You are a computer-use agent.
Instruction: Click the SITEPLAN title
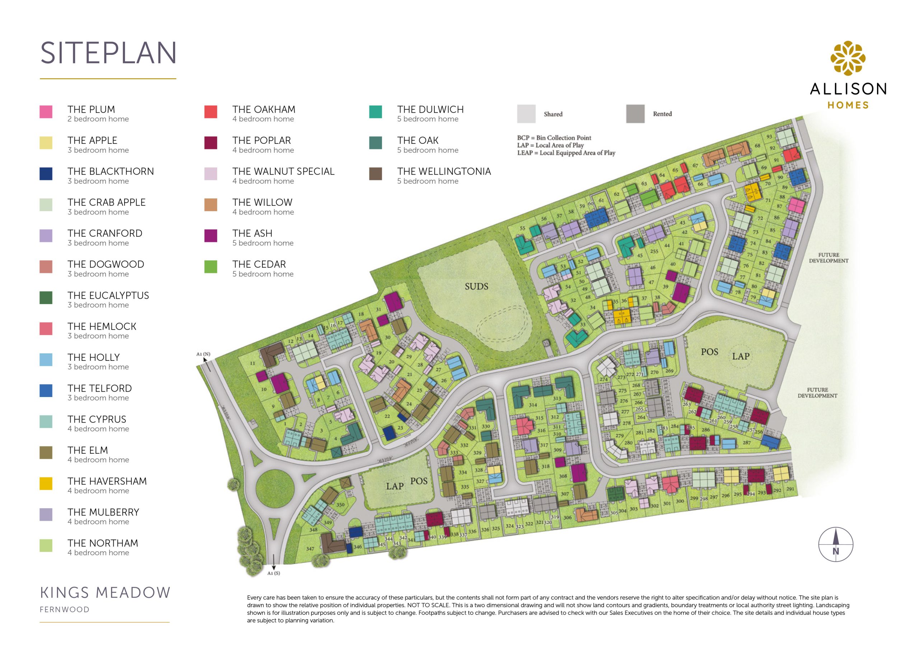click(x=108, y=53)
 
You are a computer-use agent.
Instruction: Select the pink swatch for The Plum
click(x=46, y=112)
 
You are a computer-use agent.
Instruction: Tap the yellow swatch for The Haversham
click(x=46, y=483)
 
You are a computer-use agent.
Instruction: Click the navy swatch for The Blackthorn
click(x=46, y=174)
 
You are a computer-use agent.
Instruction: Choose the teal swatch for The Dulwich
click(x=375, y=112)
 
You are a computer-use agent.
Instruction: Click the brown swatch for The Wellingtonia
click(x=375, y=174)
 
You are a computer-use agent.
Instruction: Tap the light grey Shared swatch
click(x=526, y=114)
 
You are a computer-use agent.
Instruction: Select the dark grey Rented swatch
click(x=635, y=114)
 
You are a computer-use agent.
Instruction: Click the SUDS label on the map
click(x=476, y=286)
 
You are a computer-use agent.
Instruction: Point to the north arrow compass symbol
click(x=835, y=544)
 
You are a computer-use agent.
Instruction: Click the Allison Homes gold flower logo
click(x=848, y=58)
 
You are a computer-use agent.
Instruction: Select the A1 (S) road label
click(x=273, y=573)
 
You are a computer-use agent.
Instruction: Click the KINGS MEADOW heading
click(x=105, y=593)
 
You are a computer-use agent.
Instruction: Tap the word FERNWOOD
click(x=64, y=609)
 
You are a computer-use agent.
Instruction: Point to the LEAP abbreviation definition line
click(x=566, y=153)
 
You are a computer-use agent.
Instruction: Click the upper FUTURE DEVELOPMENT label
click(x=829, y=258)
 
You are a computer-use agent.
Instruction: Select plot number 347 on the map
click(x=310, y=548)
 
